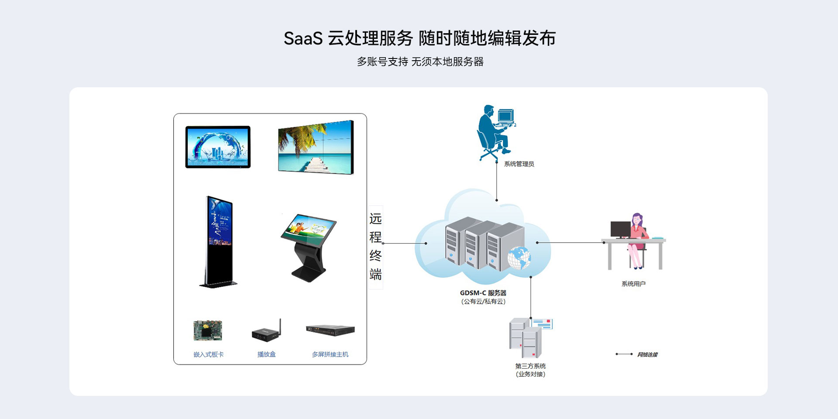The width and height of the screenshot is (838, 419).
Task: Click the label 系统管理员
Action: click(519, 164)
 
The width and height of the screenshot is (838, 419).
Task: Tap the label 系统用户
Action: click(633, 284)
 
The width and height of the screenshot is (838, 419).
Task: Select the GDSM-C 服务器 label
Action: click(483, 293)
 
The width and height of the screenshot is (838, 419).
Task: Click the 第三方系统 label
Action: click(530, 366)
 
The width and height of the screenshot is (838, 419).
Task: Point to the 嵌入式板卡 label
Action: click(209, 354)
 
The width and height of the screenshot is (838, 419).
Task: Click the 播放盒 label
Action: click(266, 354)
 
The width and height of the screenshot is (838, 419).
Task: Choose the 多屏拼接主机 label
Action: click(330, 354)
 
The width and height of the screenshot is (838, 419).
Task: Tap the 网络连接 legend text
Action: click(647, 354)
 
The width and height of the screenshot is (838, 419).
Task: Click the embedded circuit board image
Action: click(208, 330)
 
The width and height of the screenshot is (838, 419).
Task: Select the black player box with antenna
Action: click(266, 333)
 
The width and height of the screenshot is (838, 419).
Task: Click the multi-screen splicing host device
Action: click(330, 330)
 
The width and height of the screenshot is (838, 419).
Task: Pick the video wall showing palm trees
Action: click(316, 147)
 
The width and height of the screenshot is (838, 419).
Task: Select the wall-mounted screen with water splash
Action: click(218, 147)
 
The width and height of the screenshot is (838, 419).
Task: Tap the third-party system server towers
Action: click(526, 338)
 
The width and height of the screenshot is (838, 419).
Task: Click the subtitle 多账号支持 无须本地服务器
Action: click(420, 62)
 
